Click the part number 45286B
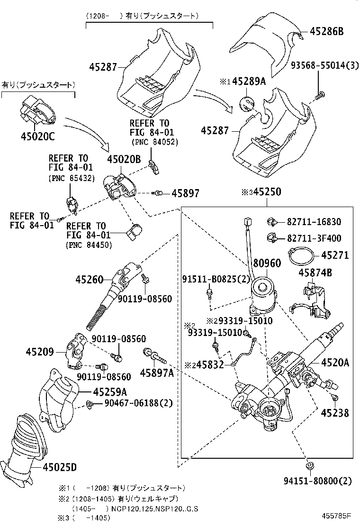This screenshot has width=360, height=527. click(x=327, y=32)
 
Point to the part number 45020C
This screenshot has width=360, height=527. click(x=38, y=136)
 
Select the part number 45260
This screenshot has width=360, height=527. click(x=89, y=280)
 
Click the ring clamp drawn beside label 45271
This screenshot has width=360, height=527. click(x=300, y=256)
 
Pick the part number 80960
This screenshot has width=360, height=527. click(x=266, y=263)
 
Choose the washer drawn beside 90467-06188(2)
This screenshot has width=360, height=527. click(x=89, y=404)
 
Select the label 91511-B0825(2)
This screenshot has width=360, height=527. click(x=216, y=279)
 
